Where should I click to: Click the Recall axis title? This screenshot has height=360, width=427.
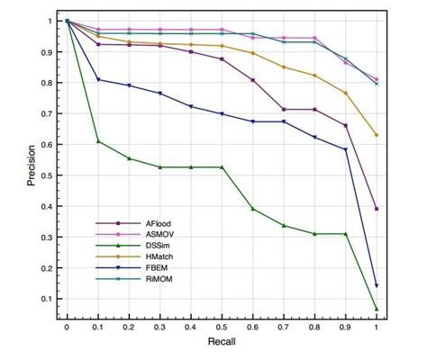[222, 344]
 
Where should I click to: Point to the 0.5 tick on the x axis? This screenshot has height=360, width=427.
[222, 328]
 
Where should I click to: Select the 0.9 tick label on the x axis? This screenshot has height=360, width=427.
[345, 328]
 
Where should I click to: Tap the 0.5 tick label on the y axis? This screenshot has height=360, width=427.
[45, 175]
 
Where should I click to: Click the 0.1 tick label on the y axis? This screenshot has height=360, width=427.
[45, 299]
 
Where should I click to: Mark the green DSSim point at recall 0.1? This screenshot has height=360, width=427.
[98, 141]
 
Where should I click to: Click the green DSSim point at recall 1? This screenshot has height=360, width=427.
[376, 309]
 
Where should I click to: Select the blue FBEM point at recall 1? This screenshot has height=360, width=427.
[376, 286]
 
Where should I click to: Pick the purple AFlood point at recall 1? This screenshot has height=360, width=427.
[376, 209]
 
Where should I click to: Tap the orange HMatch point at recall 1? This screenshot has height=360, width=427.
[376, 135]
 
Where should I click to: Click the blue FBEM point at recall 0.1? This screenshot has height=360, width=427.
[98, 80]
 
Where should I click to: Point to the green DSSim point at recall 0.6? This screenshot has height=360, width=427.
[252, 209]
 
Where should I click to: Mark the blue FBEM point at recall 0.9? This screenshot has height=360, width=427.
[345, 149]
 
